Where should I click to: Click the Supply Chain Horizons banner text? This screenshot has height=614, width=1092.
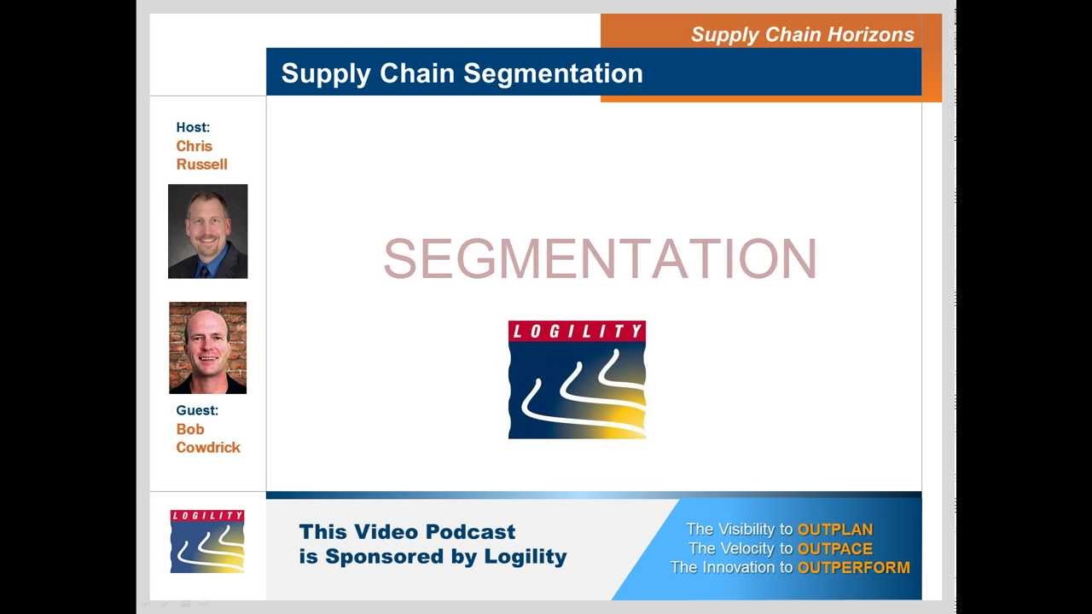point(802,35)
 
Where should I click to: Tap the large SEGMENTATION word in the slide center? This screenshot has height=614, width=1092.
point(600,258)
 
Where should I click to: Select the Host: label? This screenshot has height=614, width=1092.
point(193,127)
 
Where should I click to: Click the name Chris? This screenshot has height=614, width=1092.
point(194,146)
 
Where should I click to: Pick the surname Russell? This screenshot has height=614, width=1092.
point(201,165)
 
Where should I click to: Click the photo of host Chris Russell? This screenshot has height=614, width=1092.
point(207,231)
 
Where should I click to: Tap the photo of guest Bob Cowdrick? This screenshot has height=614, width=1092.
point(207,348)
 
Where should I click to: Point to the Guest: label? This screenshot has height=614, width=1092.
point(197,410)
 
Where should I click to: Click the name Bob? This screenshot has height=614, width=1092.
point(190,429)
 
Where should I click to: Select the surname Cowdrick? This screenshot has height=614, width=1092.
point(208,448)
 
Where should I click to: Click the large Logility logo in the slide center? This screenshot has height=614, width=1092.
point(577,379)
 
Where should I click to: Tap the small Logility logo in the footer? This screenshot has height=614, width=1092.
point(207,541)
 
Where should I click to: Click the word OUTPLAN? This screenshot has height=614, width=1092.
point(834,530)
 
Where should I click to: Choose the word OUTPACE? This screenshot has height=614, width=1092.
point(834,548)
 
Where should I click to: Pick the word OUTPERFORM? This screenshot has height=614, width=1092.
point(853,567)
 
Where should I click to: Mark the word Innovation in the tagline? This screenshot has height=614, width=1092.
point(735,567)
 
